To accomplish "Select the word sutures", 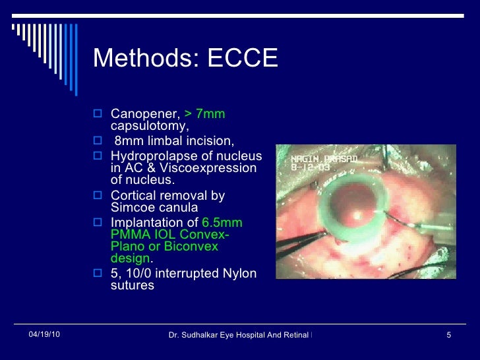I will (x=132, y=285).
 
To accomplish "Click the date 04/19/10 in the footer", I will (x=44, y=336).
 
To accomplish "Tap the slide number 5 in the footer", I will (x=448, y=336).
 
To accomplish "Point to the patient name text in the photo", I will (x=315, y=158).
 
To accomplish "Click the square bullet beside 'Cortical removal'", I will (x=98, y=196).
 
